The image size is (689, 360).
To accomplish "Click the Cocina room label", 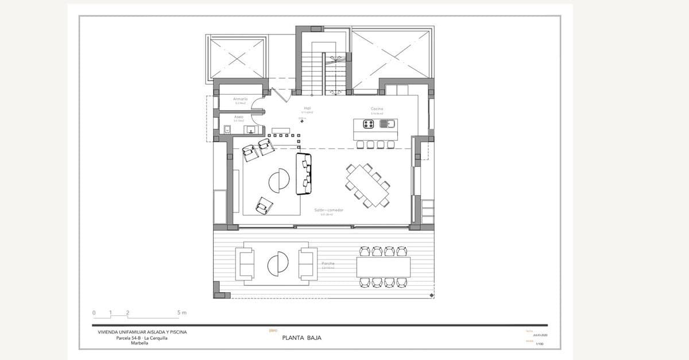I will [x=377, y=109].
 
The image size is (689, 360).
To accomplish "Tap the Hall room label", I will [x=307, y=108].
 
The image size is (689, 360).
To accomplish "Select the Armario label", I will [x=240, y=99].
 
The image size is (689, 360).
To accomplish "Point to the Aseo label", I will [x=239, y=117].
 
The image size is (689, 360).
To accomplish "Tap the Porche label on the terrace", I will [x=328, y=264].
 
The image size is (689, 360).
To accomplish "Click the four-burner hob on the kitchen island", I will [x=367, y=123].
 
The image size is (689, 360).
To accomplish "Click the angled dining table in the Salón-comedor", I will [x=367, y=185].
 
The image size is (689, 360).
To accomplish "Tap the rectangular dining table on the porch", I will [x=383, y=266].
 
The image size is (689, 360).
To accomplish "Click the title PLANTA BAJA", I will [x=302, y=338].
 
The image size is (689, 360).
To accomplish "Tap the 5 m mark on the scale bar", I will [x=181, y=312].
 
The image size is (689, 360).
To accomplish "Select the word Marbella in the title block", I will [x=140, y=343].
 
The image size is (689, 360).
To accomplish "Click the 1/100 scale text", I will [x=540, y=344].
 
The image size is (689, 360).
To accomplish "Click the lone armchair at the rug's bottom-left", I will [x=264, y=205].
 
